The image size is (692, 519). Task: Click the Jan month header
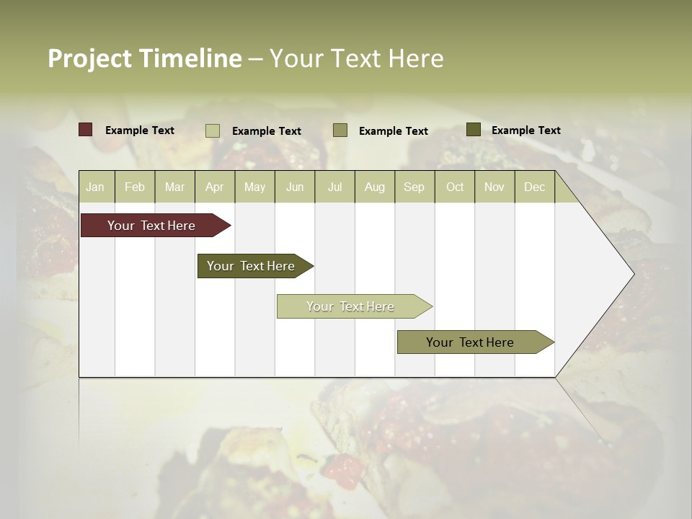coord(95,187)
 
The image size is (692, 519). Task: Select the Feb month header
coord(135,187)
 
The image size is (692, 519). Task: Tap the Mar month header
coord(174,187)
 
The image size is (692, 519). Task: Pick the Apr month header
coord(215,187)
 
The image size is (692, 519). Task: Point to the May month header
coord(254,187)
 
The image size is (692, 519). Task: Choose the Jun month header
coord(295,187)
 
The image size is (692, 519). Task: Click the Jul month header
coord(334,187)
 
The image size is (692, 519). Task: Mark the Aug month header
coord(375,187)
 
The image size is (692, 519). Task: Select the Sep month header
coord(414,187)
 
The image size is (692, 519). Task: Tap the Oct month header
coord(455,187)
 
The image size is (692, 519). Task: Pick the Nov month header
coord(494,187)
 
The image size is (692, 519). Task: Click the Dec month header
coord(535,187)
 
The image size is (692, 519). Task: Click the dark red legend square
coord(86,130)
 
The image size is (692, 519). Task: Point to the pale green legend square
coord(213,130)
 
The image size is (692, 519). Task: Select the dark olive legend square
coord(474,130)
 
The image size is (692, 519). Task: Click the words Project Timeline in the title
coord(145,58)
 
